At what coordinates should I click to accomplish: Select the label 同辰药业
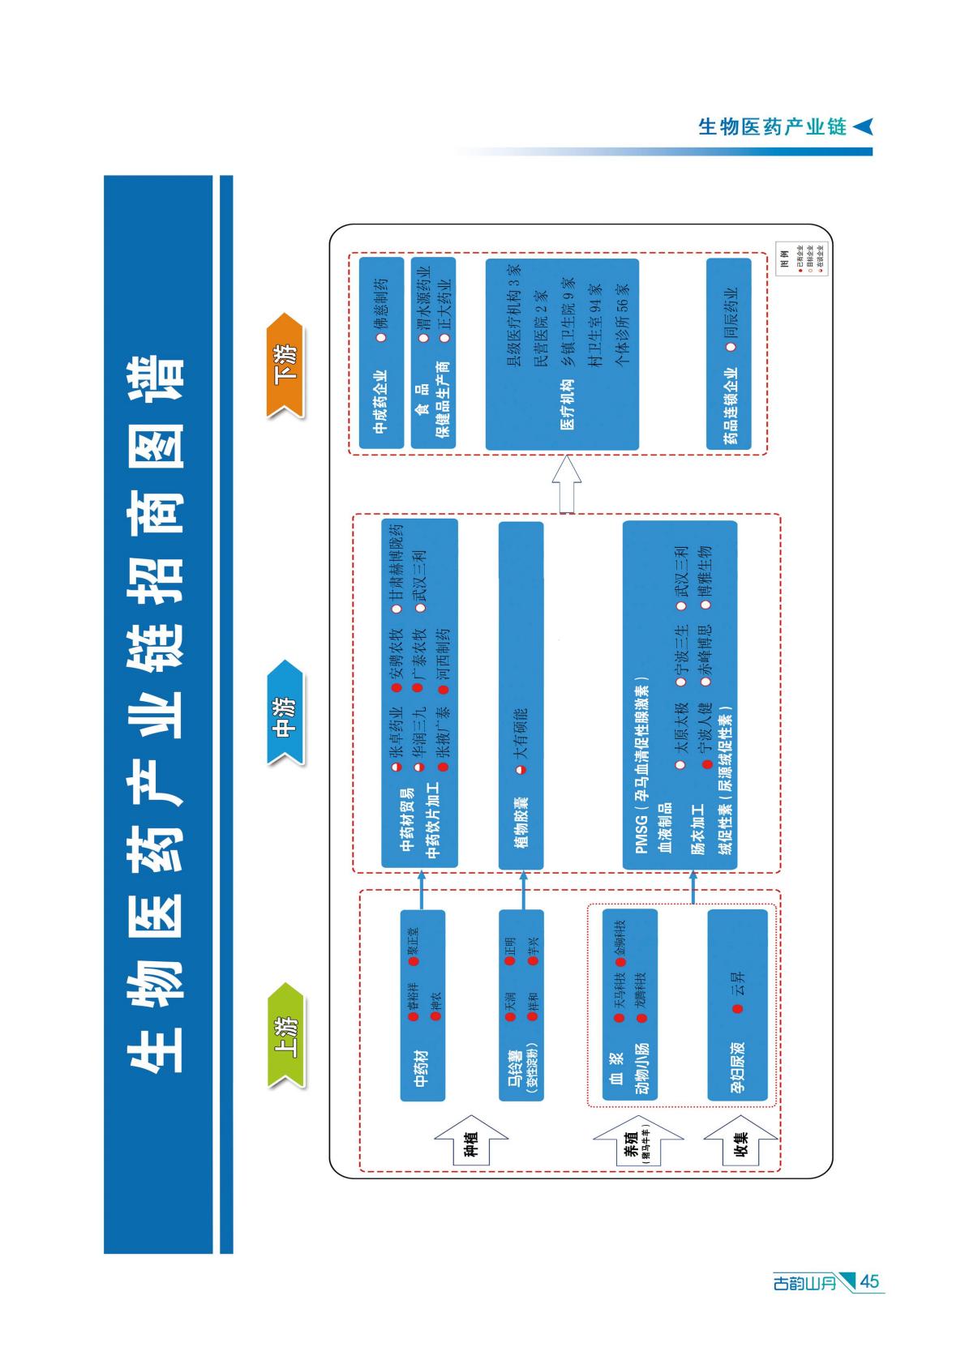(731, 314)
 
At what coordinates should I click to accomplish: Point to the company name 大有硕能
(521, 734)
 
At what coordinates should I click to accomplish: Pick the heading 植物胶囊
(521, 822)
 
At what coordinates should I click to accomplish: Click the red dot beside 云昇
(738, 1009)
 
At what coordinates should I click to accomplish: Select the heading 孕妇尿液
(738, 1067)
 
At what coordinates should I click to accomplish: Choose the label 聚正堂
(413, 942)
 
